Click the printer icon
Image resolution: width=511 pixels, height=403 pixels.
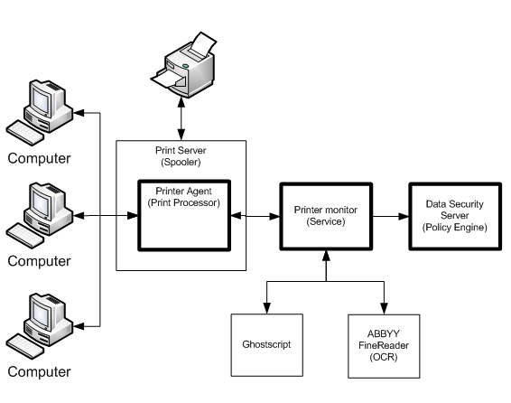183,64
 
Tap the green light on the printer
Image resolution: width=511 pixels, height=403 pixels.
185,66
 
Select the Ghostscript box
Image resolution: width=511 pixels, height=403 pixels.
267,345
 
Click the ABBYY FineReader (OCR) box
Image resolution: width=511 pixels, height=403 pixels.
384,346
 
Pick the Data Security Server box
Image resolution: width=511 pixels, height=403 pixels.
455,216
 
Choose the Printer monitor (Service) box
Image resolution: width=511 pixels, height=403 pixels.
326,216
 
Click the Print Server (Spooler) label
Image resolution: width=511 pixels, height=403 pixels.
181,156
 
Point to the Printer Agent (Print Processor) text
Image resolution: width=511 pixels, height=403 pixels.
184,197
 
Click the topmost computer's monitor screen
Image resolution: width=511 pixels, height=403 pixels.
41,99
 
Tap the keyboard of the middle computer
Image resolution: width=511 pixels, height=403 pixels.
25,236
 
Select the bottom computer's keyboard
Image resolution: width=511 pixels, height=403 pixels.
25,346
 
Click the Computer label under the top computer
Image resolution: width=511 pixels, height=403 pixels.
39,158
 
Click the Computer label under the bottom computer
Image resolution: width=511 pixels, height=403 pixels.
39,372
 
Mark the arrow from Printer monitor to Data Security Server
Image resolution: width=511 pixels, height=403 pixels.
390,216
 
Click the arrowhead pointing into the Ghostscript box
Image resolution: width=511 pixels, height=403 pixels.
267,308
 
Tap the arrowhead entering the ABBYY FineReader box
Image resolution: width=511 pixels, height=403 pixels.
384,309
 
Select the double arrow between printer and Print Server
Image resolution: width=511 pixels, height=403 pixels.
181,118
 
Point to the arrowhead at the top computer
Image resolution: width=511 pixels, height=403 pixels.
79,113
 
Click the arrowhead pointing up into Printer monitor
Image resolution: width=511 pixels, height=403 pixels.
326,256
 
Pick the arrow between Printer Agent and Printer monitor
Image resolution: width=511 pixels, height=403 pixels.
255,216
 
